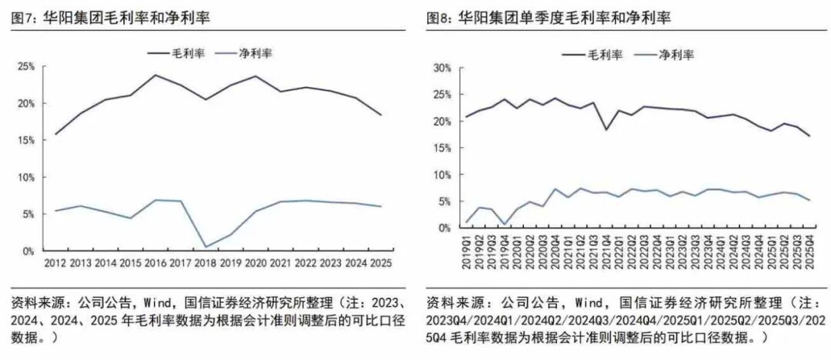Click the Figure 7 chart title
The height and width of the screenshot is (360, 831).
pyautogui.click(x=112, y=16)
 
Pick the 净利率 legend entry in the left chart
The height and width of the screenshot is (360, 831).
pyautogui.click(x=257, y=53)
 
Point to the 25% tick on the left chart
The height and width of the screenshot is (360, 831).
pyautogui.click(x=25, y=67)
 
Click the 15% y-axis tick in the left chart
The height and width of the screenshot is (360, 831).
pyautogui.click(x=25, y=141)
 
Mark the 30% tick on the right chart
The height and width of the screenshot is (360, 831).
pyautogui.click(x=440, y=68)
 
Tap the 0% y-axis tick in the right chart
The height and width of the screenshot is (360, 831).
pyautogui.click(x=442, y=228)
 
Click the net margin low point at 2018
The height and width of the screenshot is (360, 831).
pyautogui.click(x=205, y=247)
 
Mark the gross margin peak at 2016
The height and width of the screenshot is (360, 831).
pyautogui.click(x=155, y=75)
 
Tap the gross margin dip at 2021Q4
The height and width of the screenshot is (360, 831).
pyautogui.click(x=606, y=129)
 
